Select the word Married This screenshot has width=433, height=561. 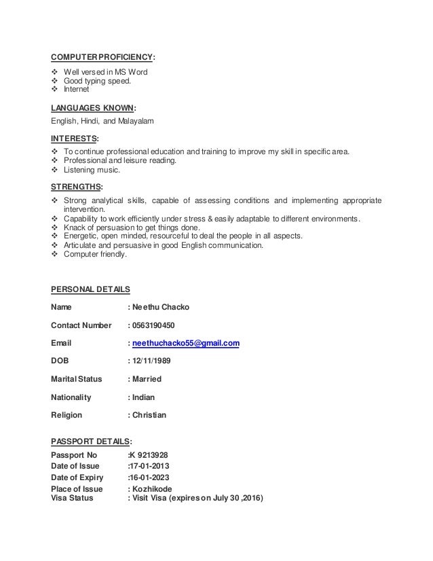point(147,379)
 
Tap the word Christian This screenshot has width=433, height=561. point(149,414)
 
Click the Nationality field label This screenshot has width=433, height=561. point(75,397)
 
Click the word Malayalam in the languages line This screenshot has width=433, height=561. point(135,122)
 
